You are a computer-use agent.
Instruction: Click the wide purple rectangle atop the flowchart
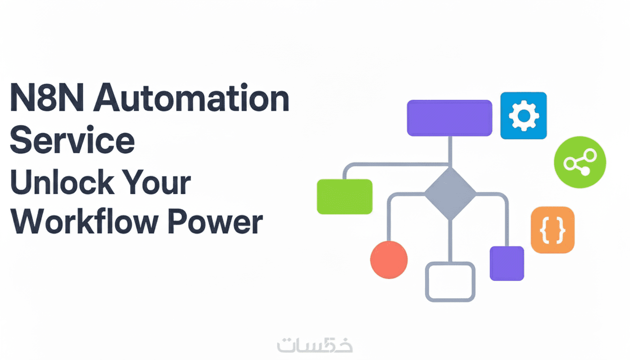(x=449, y=118)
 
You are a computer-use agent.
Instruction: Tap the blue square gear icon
(x=523, y=115)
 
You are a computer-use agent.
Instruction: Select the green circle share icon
(x=580, y=162)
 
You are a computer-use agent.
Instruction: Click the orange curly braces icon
(x=552, y=230)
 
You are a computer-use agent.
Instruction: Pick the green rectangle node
(x=345, y=196)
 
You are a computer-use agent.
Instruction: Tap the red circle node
(x=389, y=260)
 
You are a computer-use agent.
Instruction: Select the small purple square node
(x=507, y=263)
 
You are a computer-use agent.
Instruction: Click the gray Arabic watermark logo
(x=315, y=345)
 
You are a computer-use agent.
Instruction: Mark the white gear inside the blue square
(x=523, y=115)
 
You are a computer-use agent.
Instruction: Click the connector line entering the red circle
(x=389, y=225)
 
